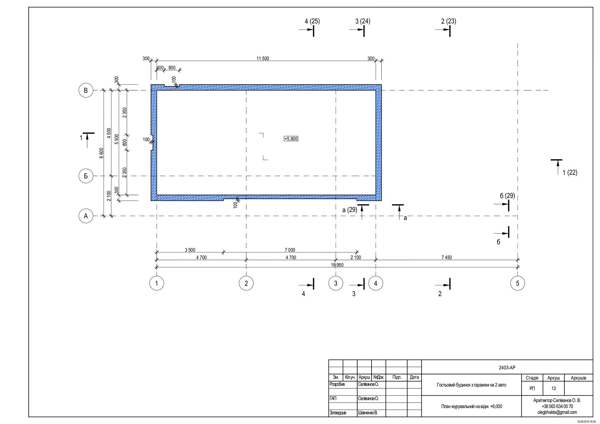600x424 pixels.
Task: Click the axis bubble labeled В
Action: pos(86,91)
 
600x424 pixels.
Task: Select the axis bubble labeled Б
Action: pos(86,176)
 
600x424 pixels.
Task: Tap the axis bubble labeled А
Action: pos(86,216)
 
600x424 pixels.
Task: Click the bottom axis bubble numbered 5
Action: pos(517,283)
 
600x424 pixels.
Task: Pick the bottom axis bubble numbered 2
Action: pos(246,283)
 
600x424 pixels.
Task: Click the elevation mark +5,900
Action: pos(291,139)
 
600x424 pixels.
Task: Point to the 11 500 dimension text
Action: pos(263,58)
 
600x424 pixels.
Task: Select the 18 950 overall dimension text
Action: pos(337,265)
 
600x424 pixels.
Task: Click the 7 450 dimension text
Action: pos(447,257)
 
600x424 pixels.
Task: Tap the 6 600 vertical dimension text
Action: pos(101,153)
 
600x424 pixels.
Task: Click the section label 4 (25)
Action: pos(312,21)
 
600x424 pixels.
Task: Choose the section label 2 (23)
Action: pos(448,21)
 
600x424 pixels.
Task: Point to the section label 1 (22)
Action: pos(570,172)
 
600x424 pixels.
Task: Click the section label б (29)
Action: pos(507,196)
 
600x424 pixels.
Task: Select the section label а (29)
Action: pos(350,210)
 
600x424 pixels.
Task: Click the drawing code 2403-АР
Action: pos(507,368)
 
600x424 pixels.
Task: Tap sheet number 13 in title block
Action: pos(553,389)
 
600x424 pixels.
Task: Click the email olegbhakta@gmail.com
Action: pos(557,412)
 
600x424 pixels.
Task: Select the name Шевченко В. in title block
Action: pos(368,413)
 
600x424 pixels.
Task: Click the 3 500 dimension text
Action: pos(190,250)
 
